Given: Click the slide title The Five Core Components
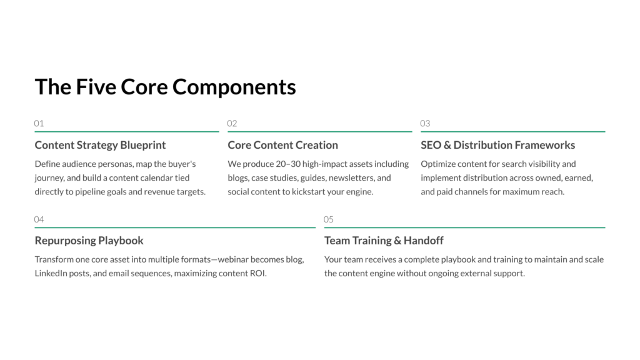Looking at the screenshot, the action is tap(165, 87).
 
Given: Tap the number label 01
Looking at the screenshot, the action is tap(39, 123).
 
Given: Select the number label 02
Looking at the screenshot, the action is tap(232, 123).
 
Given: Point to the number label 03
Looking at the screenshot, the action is tap(425, 123).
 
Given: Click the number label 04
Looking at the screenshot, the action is tap(39, 219).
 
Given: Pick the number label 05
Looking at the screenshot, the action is tap(329, 219).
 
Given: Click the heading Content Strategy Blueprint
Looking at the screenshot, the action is tap(100, 145).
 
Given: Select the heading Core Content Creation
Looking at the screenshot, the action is tap(283, 145).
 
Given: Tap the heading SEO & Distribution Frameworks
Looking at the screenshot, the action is tap(498, 145).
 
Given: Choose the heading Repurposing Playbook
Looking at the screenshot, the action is tap(89, 241).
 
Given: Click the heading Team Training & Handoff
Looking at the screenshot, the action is tap(384, 241).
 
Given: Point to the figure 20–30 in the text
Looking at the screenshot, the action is tap(287, 164).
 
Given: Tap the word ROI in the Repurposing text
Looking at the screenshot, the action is tap(257, 273).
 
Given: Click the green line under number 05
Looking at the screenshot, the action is tap(464, 227).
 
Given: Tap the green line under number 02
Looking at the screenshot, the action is tap(320, 131).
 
